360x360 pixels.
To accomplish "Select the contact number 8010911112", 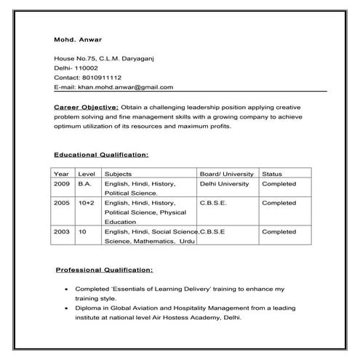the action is coord(102,77).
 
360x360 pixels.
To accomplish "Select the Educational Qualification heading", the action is coord(101,155).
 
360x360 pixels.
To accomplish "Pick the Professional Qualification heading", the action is coord(104,270).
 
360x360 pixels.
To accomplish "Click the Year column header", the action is coord(61,175).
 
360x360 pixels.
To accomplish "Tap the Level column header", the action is coord(87,175).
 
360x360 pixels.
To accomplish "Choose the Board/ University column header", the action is coord(226,175).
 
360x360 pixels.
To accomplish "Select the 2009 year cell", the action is coord(62,184).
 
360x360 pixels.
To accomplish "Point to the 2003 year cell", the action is coord(62,231).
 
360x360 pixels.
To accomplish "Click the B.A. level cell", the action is coord(84,184).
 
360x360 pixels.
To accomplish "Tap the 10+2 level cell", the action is coord(87,203).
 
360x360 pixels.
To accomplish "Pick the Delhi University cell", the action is coord(224,184).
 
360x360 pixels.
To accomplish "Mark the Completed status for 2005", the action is coord(279,203).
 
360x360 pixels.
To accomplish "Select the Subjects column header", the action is coord(118,175).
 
